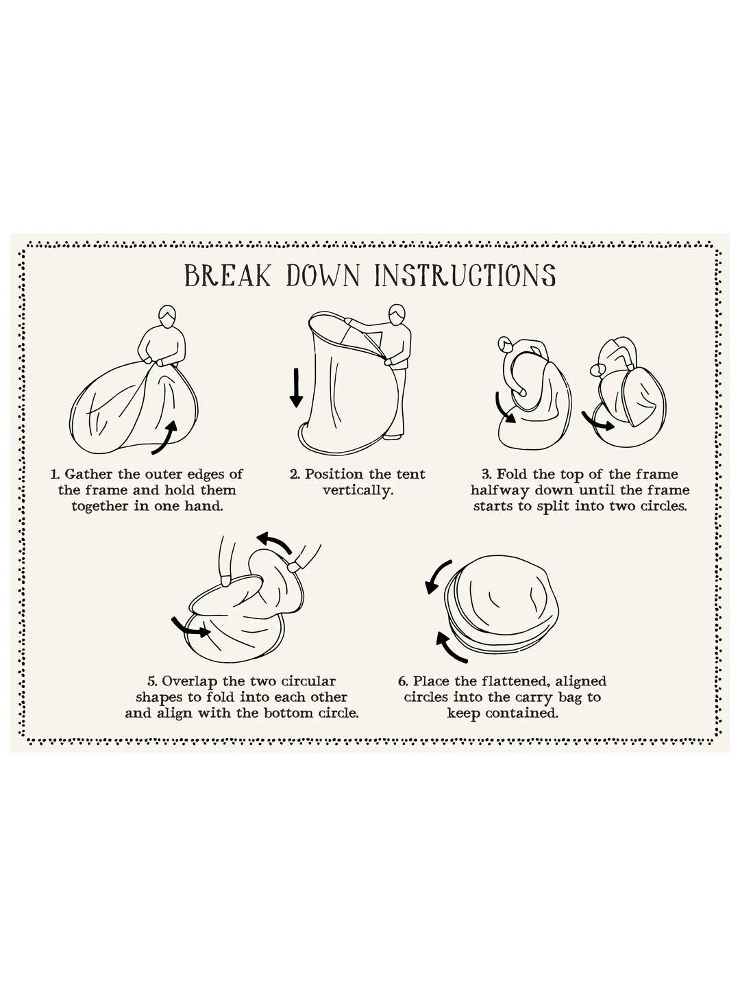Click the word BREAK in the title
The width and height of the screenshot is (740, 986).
click(227, 276)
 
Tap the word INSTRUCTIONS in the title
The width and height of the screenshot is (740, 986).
click(465, 276)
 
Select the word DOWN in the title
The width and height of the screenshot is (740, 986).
click(323, 276)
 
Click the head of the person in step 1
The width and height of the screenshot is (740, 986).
click(167, 317)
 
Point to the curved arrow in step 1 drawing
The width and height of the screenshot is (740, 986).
click(165, 438)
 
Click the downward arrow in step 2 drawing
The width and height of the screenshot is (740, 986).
click(295, 388)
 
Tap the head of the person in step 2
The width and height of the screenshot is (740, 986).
click(396, 316)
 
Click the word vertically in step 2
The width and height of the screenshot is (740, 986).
click(358, 490)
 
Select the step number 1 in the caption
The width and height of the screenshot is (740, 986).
click(55, 475)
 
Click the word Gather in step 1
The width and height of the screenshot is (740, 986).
click(88, 475)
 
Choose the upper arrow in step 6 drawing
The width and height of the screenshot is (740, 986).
click(436, 576)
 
